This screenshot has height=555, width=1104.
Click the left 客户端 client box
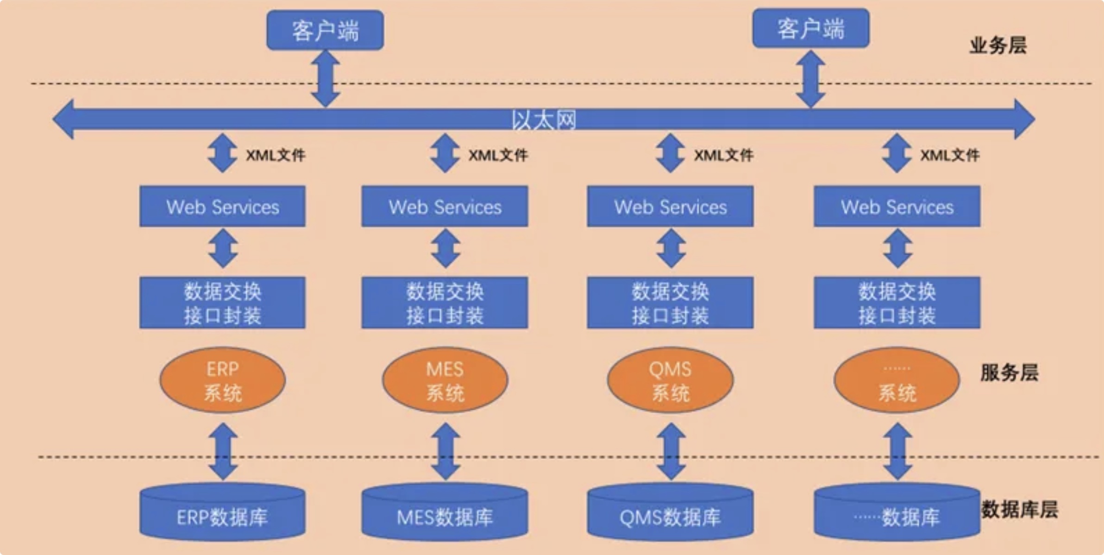(x=325, y=31)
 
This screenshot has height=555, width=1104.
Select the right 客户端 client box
(x=811, y=29)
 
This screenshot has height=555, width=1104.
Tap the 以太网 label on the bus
(x=544, y=120)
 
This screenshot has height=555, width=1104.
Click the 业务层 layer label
(x=998, y=46)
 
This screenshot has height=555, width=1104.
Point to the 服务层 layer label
(x=1010, y=373)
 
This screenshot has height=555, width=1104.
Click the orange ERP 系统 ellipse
(x=223, y=380)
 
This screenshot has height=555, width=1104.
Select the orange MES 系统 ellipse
(x=445, y=380)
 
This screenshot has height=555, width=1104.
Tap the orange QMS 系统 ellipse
(x=670, y=380)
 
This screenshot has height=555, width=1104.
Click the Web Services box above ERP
(x=223, y=207)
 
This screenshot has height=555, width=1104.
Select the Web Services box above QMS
(x=670, y=207)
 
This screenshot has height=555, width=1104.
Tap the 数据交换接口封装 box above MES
(x=445, y=303)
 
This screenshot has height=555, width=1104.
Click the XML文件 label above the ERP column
(x=276, y=155)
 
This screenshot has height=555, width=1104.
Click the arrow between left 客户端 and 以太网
(x=326, y=79)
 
